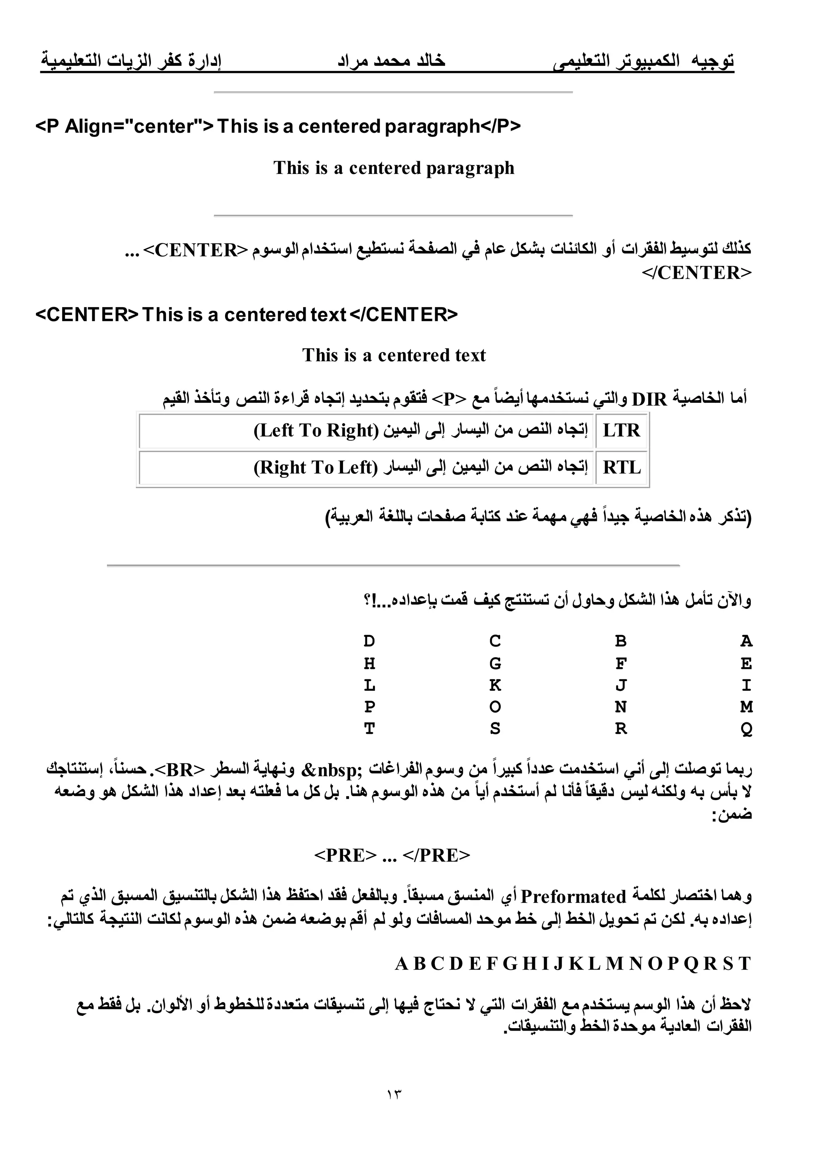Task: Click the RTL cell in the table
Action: pos(622,467)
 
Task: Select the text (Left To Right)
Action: pos(316,431)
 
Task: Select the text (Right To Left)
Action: pos(316,467)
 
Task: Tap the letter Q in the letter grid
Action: pos(746,729)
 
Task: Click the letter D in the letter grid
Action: pos(369,641)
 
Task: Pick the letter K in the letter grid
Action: pos(495,685)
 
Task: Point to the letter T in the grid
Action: pos(369,729)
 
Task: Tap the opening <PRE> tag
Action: pos(345,855)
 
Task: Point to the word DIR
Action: pos(649,399)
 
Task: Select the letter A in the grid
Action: pos(746,641)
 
